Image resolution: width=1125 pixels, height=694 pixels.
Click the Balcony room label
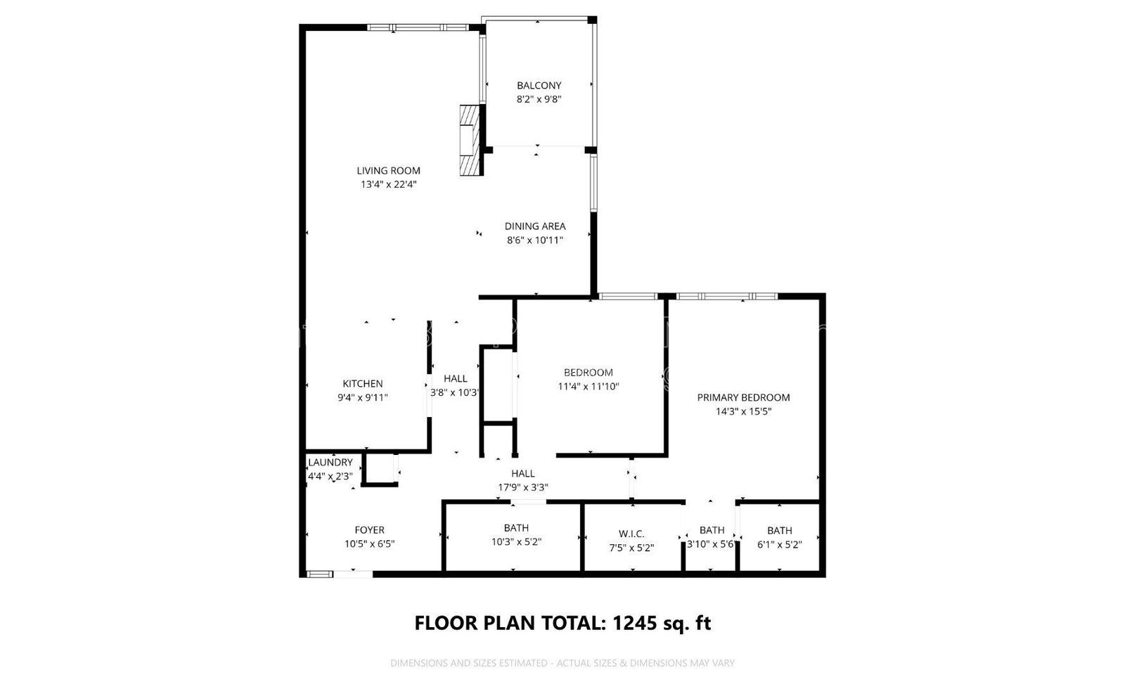tap(539, 86)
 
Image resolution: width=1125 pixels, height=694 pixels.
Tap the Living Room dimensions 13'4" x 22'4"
tap(388, 184)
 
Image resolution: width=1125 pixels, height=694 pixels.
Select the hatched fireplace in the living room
tap(471, 141)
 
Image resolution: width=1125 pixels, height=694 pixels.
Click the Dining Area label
tap(534, 226)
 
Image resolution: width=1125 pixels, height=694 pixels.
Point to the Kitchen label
tap(362, 384)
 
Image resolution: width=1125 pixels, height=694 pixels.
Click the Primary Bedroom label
tap(743, 397)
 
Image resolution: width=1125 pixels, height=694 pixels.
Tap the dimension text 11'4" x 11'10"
tap(588, 386)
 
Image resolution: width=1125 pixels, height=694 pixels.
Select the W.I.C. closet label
tap(631, 534)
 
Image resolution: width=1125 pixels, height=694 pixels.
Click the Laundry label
tap(330, 463)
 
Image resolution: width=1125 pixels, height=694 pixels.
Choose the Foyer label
tap(369, 530)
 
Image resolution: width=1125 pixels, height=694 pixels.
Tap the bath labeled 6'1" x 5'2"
tap(779, 537)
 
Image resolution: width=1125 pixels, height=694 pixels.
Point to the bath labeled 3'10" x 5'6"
tap(712, 537)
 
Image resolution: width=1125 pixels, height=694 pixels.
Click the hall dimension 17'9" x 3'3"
tap(522, 487)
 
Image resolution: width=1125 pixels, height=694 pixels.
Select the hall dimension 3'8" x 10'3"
tap(455, 393)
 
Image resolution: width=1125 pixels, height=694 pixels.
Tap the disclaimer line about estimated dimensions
tap(562, 663)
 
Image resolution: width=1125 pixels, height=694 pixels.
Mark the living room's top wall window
tap(418, 28)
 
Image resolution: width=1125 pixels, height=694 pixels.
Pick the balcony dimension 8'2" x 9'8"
tap(539, 100)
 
